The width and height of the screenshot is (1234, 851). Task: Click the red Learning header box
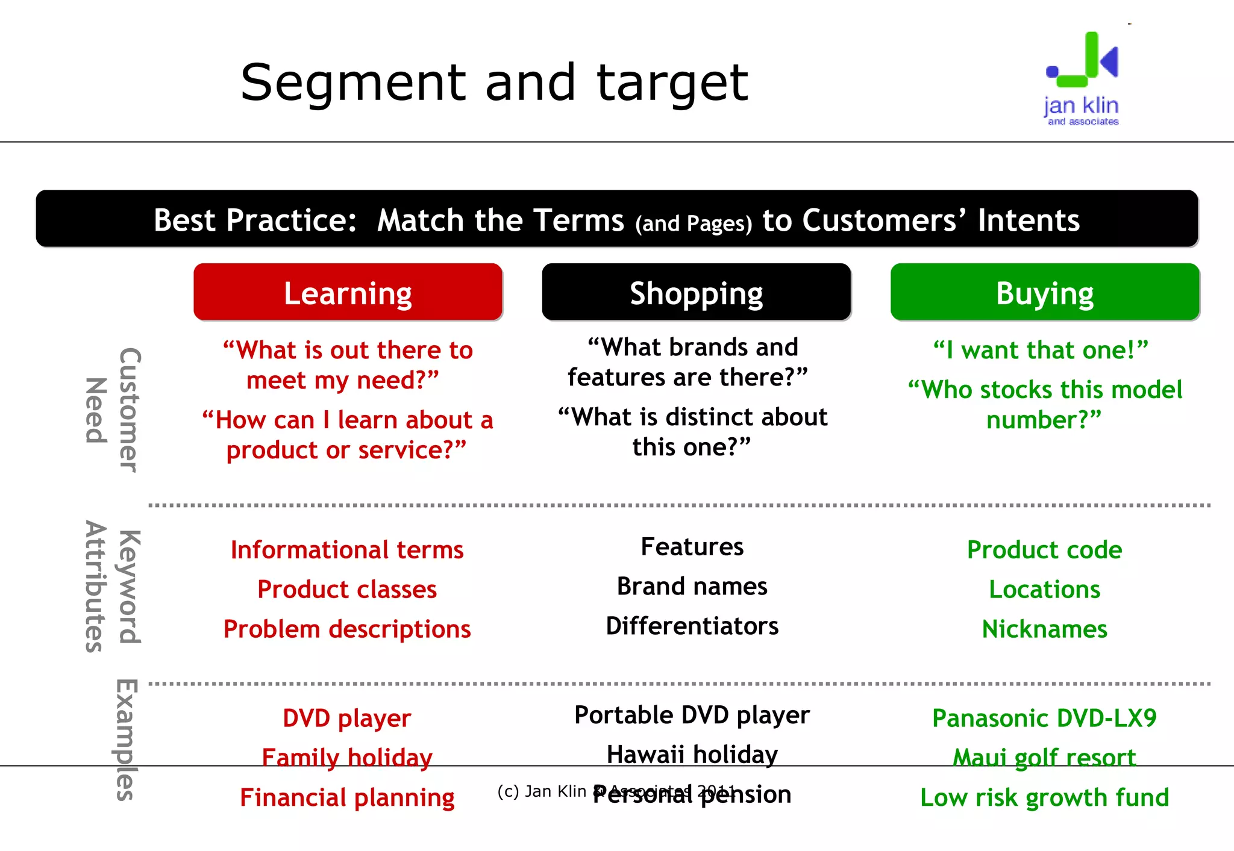[x=348, y=292]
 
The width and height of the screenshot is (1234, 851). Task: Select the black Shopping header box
[x=696, y=292]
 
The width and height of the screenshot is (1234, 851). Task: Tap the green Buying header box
[x=1045, y=292]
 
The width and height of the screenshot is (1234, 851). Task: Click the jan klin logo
[x=1082, y=78]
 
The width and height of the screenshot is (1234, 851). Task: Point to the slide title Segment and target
[x=494, y=83]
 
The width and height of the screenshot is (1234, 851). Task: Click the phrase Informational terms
[x=347, y=550]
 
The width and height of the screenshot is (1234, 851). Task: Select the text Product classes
[x=347, y=589]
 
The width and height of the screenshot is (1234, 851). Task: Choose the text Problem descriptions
[x=347, y=629]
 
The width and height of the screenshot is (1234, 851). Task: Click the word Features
[x=692, y=547]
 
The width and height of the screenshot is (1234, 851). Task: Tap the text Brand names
[x=692, y=586]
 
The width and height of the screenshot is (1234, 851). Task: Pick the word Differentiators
[x=692, y=626]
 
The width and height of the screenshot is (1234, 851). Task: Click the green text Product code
[x=1044, y=550]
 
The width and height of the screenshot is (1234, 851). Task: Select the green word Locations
[x=1044, y=589]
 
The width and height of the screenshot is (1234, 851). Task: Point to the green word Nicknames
[x=1044, y=629]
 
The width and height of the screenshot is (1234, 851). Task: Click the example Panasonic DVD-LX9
[x=1044, y=718]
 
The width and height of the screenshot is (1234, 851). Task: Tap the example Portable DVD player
[x=692, y=715]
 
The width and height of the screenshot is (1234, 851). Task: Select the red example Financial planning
[x=347, y=797]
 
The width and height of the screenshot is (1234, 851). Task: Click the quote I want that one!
[x=1041, y=350]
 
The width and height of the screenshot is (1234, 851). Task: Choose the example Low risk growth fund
[x=1044, y=797]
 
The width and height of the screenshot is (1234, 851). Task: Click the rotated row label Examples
[x=125, y=740]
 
